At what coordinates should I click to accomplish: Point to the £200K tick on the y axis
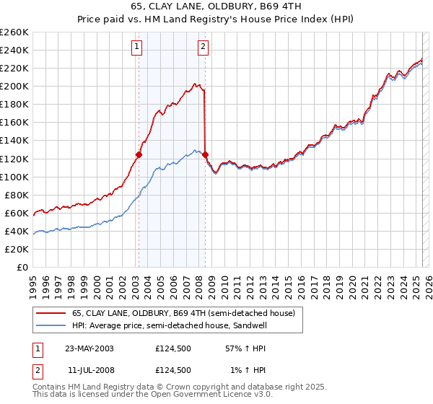tap(14, 86)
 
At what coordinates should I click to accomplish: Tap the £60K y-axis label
tap(17, 213)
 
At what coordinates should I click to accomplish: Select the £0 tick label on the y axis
tap(22, 267)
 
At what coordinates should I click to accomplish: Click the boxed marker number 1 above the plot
tap(137, 48)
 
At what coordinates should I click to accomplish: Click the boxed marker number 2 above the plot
tap(204, 48)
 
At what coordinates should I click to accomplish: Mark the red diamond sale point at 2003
tap(139, 154)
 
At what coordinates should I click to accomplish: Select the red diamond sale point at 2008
tap(206, 154)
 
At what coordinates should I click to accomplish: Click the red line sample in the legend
tap(51, 313)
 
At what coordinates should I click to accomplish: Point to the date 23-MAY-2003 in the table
tap(89, 348)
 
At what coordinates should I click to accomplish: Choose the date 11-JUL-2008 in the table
tap(89, 369)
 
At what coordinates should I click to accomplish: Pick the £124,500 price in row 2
tap(172, 369)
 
